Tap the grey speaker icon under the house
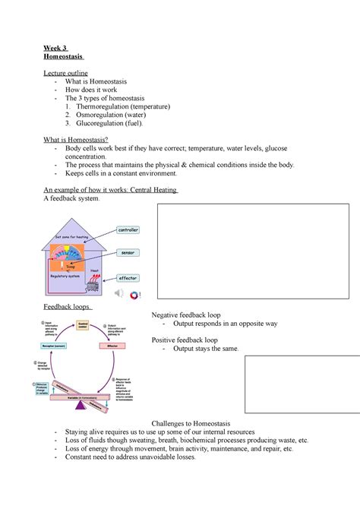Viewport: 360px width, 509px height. click(x=119, y=293)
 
